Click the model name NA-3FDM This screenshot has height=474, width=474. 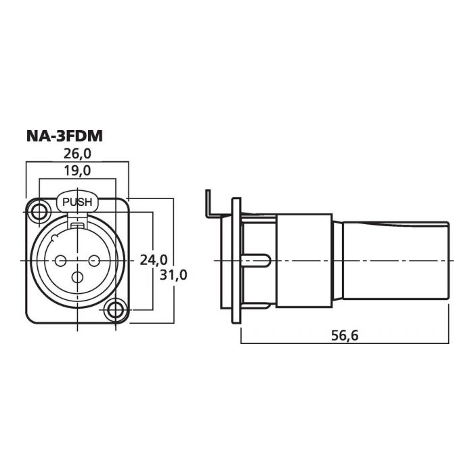(64, 136)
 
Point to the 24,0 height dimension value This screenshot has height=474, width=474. (153, 259)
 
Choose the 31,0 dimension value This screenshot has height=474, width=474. (174, 275)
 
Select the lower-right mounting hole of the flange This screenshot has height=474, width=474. (116, 311)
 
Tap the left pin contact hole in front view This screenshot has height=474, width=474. (61, 260)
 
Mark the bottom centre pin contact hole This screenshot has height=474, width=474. (78, 277)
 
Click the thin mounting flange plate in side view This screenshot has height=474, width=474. (236, 261)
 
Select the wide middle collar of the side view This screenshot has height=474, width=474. (305, 261)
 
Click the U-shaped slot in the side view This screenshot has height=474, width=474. (261, 261)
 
